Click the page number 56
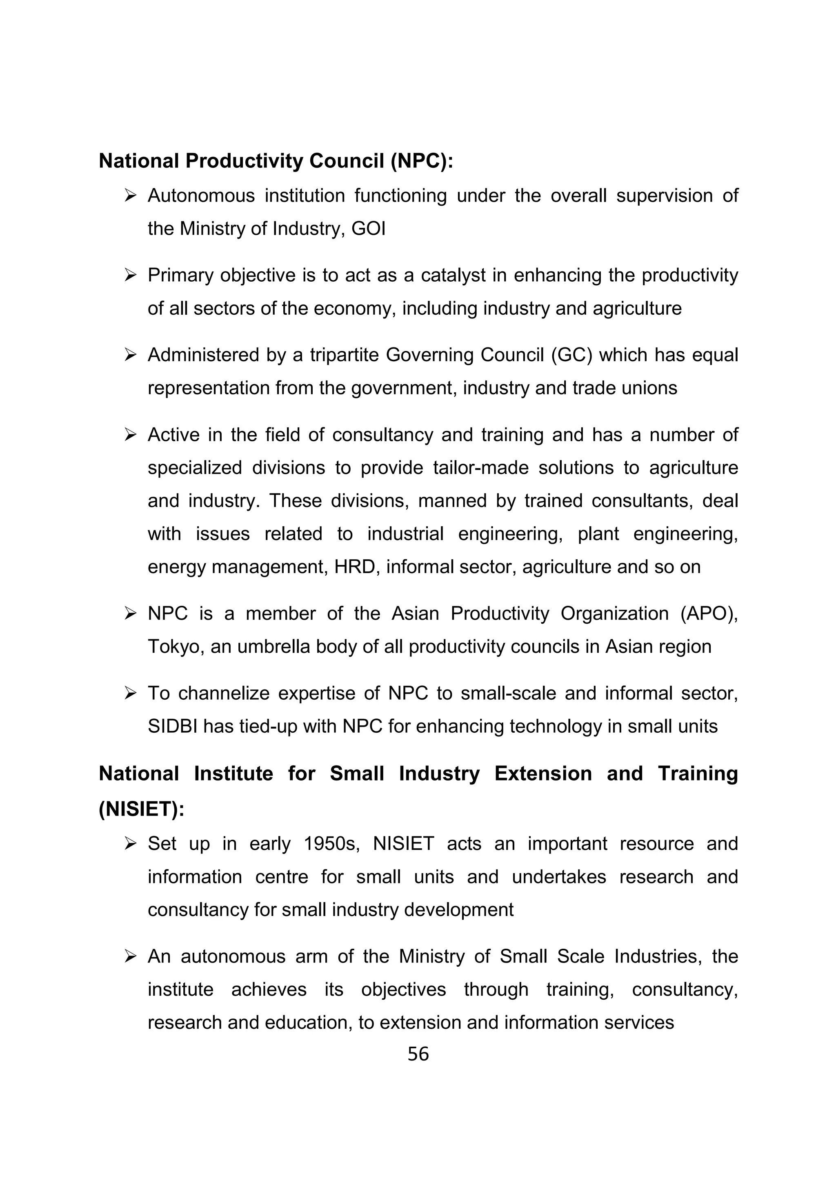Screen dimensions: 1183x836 point(418,1054)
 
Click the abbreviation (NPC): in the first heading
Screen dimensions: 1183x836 point(421,161)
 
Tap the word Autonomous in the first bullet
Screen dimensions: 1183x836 point(201,196)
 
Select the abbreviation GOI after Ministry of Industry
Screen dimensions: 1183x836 point(368,229)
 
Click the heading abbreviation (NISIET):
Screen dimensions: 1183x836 point(141,809)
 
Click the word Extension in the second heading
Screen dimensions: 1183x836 point(543,774)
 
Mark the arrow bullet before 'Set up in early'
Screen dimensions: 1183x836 point(130,844)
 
